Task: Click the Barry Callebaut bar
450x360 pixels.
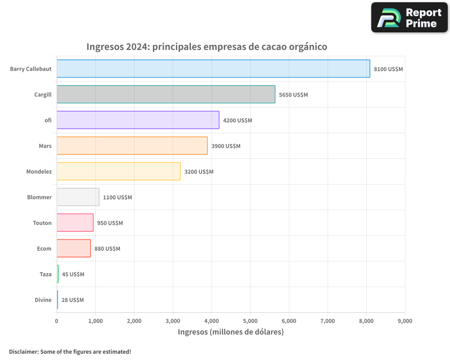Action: tap(213, 69)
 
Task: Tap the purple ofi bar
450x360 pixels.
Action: tap(138, 120)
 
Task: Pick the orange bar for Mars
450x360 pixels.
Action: tap(132, 146)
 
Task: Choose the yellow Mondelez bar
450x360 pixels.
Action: tap(118, 171)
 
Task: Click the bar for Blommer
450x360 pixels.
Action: tap(78, 197)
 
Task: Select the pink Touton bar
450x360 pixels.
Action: tap(75, 223)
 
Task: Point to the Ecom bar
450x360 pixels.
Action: tap(73, 248)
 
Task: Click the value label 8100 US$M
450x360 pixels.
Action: tap(388, 69)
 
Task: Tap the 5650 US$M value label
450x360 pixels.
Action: tap(293, 95)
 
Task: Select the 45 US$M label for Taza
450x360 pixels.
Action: tap(73, 274)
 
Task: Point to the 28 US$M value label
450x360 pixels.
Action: tap(72, 300)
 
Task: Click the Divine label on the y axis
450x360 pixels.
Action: tap(43, 300)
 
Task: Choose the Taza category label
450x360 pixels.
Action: tap(45, 274)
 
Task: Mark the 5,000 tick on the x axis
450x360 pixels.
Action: tap(250, 321)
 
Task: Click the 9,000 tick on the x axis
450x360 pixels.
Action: tap(405, 321)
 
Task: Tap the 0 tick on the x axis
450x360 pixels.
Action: tap(57, 321)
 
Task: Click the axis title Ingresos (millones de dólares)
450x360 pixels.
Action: tap(231, 332)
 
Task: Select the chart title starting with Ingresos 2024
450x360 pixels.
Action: tap(207, 47)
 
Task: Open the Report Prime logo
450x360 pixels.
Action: tap(409, 18)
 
